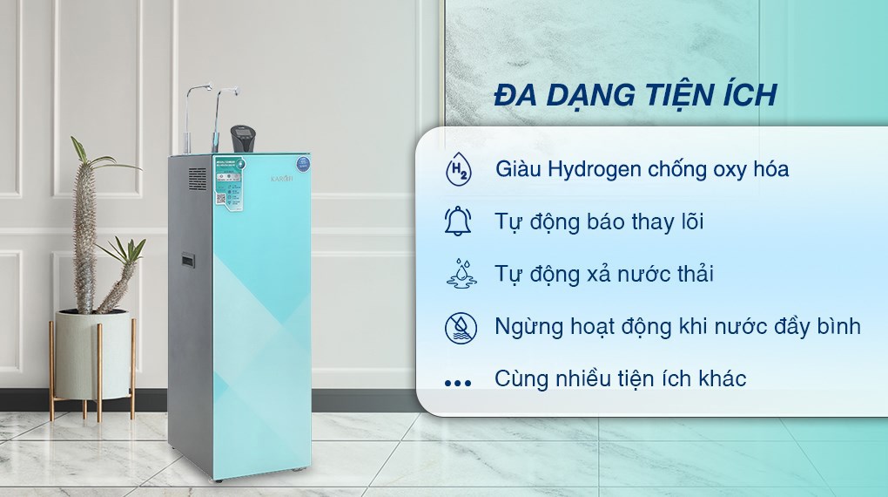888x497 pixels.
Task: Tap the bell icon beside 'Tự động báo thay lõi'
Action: [x=458, y=221]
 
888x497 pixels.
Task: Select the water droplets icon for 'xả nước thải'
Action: [x=458, y=273]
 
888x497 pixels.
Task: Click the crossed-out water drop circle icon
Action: [x=458, y=326]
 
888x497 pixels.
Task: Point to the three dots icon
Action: [x=458, y=381]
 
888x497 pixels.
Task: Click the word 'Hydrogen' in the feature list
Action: [x=595, y=169]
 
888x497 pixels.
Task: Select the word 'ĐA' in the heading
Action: [x=513, y=94]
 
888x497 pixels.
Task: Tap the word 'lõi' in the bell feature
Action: [x=687, y=221]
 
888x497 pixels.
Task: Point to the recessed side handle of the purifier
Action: [x=187, y=260]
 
